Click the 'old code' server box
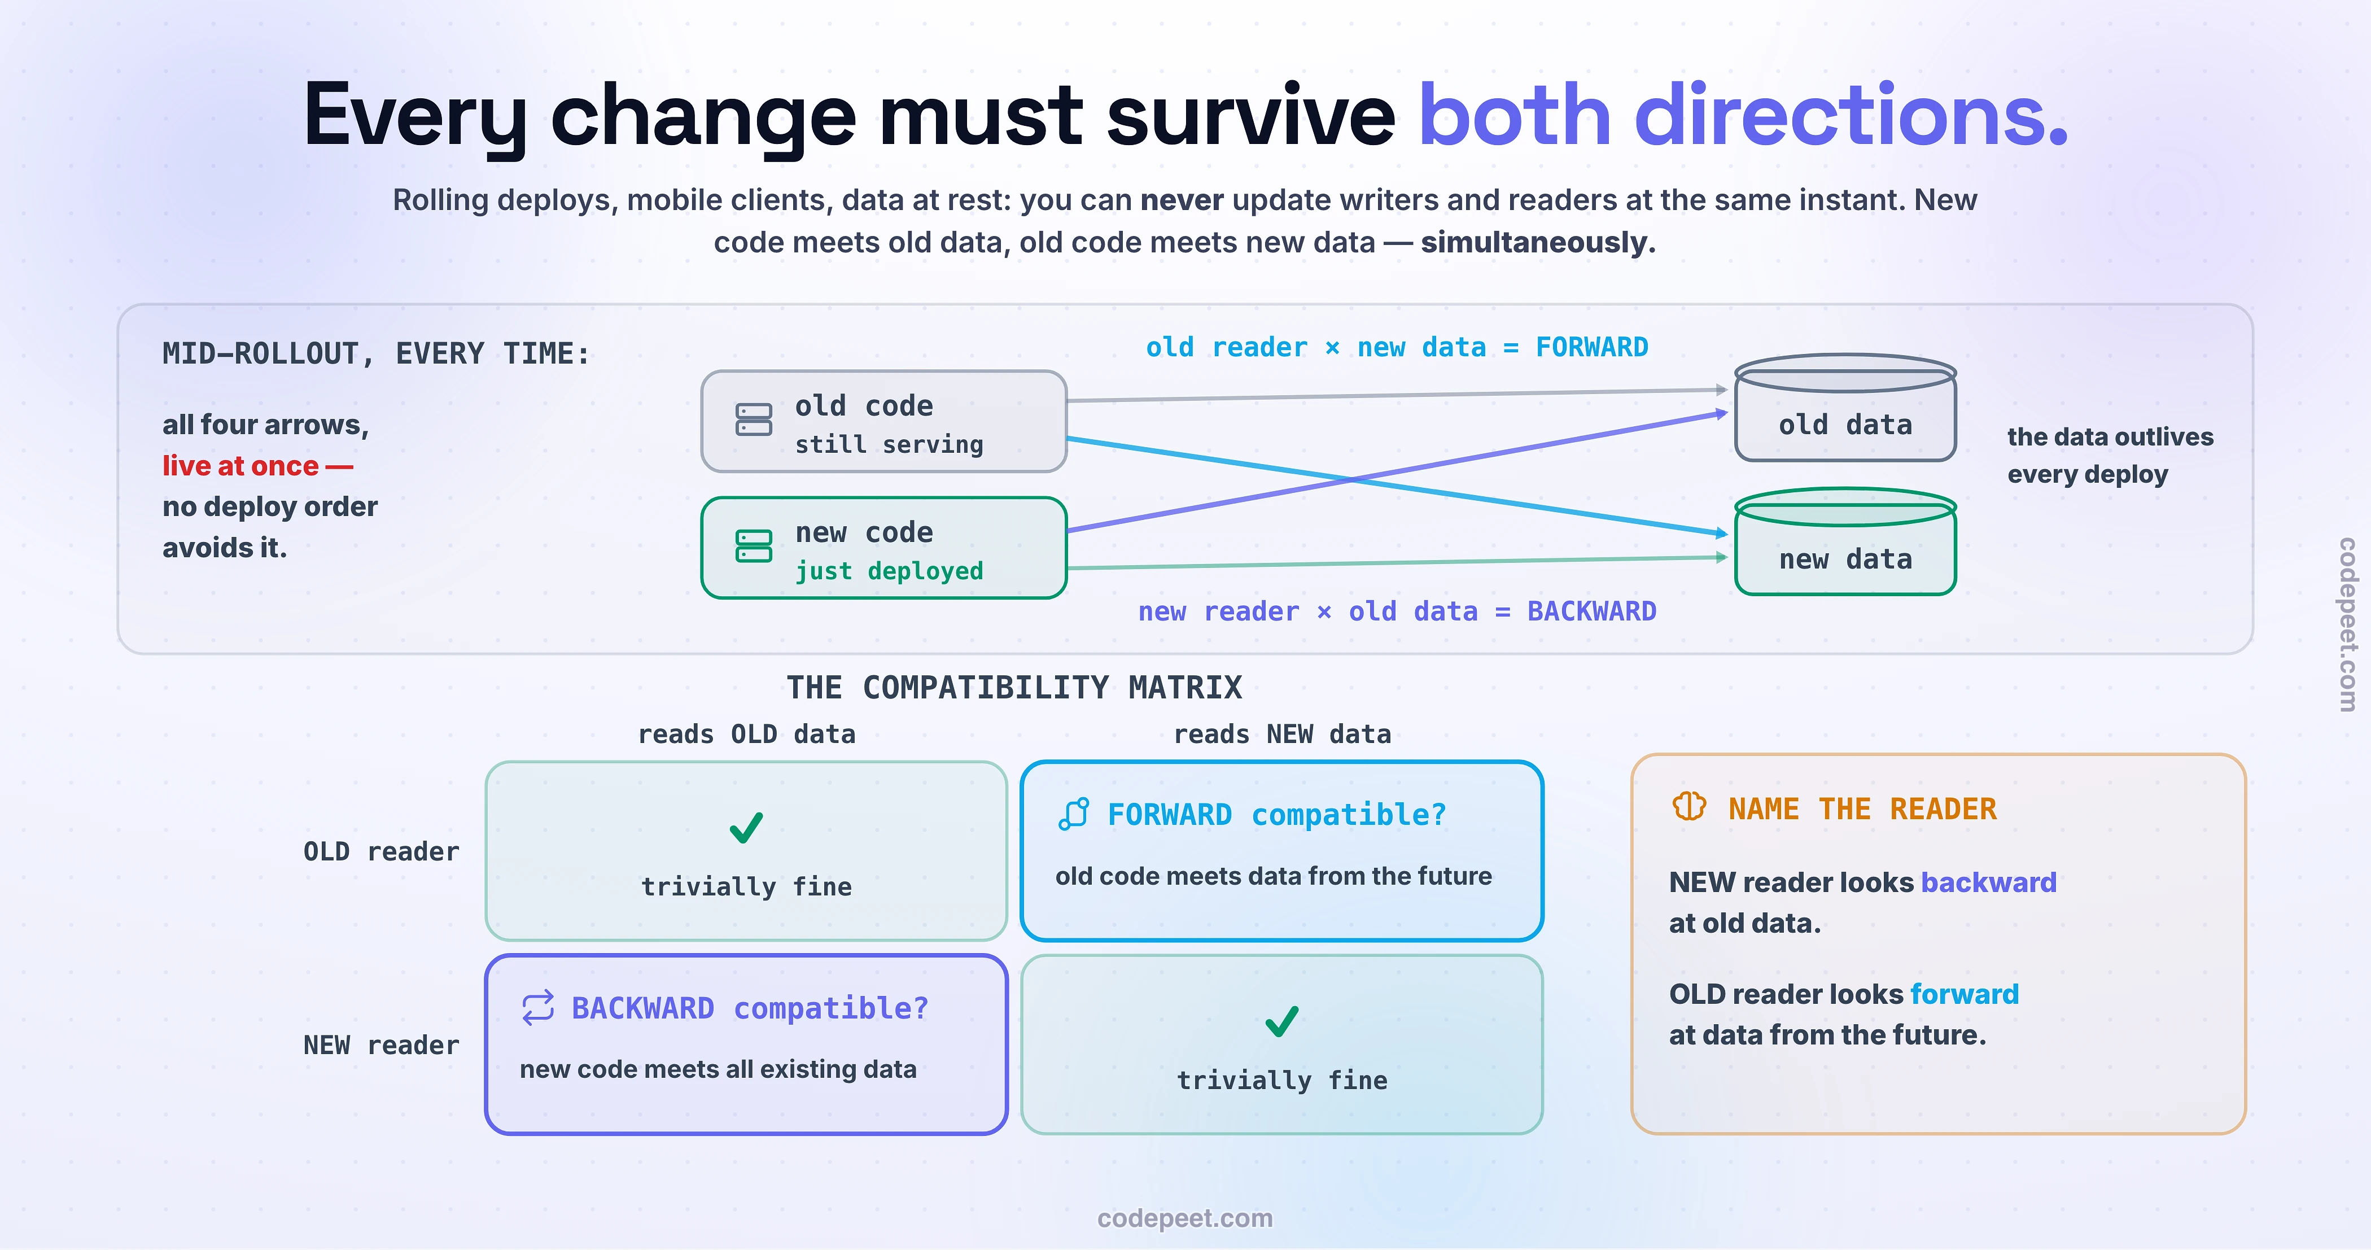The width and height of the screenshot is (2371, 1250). point(883,422)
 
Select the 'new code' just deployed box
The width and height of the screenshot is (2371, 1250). point(883,548)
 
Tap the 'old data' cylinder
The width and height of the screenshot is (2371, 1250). point(1845,408)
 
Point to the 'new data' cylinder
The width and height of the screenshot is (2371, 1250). point(1845,542)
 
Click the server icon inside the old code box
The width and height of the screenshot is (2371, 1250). point(754,419)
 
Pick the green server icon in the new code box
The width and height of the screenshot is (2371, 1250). point(754,546)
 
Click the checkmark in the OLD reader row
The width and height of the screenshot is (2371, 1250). point(746,828)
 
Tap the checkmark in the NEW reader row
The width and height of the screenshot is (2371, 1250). point(1281,1021)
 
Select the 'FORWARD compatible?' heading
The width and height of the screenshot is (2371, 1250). point(1276,815)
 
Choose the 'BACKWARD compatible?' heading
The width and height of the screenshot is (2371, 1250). point(750,1008)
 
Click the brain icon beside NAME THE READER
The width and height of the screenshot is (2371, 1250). point(1689,806)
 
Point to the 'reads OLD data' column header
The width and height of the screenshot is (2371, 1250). point(746,735)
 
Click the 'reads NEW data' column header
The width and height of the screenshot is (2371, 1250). point(1282,735)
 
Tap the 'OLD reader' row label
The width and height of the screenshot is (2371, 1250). point(381,851)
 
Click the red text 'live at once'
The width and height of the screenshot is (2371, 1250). point(240,466)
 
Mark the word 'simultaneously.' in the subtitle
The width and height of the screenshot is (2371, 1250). point(1538,242)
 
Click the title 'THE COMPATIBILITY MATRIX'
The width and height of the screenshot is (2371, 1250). point(1014,688)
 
